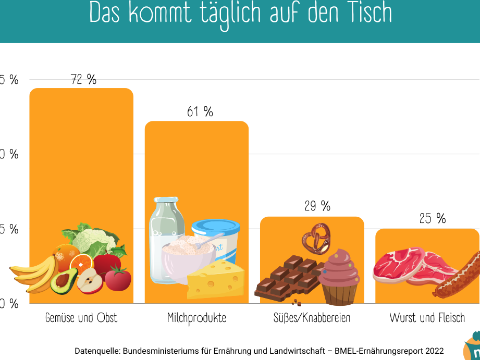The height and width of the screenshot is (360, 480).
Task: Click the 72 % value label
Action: (x=84, y=80)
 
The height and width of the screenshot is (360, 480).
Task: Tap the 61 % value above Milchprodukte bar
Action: (x=200, y=112)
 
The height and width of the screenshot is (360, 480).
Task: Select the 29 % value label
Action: (x=317, y=206)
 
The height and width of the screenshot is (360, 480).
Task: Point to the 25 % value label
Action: (x=433, y=219)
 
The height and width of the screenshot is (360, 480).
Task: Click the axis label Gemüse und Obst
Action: (x=81, y=318)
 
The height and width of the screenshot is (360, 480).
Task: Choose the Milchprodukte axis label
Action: (x=196, y=318)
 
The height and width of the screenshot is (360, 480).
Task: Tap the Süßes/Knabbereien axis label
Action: (x=312, y=318)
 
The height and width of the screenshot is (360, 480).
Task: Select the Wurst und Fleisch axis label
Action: (x=427, y=318)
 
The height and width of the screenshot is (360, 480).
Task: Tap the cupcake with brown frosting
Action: (x=339, y=276)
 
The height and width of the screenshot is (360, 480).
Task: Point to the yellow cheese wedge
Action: (x=215, y=279)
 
